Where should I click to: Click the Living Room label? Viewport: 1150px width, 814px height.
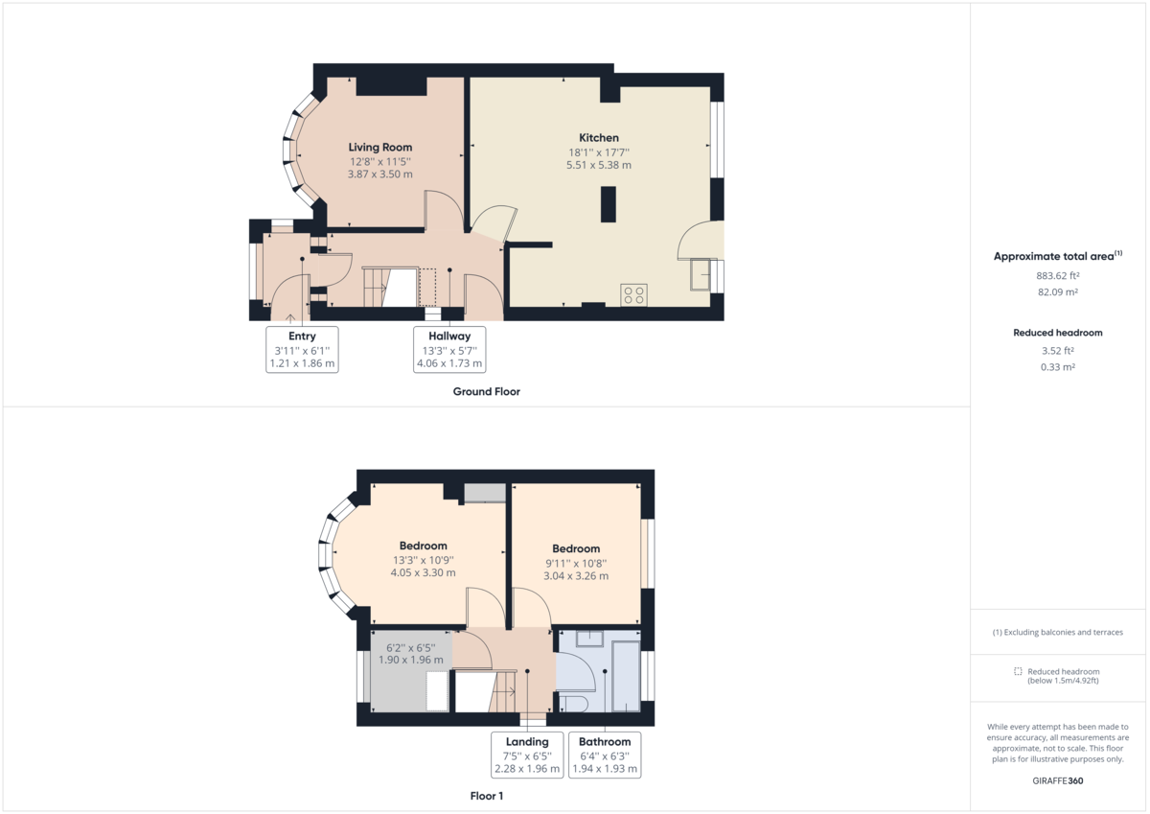(x=379, y=148)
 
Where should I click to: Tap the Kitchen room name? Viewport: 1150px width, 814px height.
(x=598, y=138)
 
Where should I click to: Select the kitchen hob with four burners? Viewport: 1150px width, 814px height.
(x=632, y=294)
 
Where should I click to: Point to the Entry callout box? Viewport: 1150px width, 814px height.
(x=302, y=350)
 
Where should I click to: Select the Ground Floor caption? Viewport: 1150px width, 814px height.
(x=486, y=391)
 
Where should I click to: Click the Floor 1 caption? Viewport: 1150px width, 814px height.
(x=486, y=796)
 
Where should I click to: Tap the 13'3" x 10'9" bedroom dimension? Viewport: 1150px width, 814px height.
(x=423, y=560)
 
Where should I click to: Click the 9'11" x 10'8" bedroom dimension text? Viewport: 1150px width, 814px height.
(x=576, y=564)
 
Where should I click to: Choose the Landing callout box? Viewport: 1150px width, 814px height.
(x=527, y=756)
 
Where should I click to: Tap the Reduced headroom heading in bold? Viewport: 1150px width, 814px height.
(x=1057, y=333)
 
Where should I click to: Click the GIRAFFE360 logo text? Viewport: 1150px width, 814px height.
(x=1057, y=781)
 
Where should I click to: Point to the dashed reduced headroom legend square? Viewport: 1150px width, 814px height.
(x=1018, y=672)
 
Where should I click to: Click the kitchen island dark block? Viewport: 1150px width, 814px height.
(x=608, y=205)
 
